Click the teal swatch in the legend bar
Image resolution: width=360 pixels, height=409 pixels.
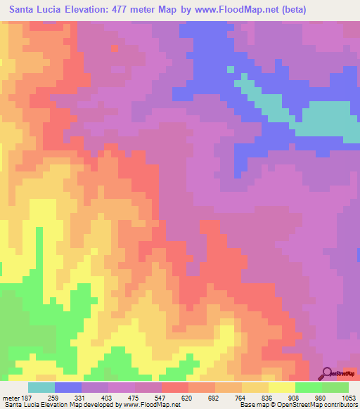tap(41, 387)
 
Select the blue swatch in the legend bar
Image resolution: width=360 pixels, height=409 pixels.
tap(68, 387)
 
